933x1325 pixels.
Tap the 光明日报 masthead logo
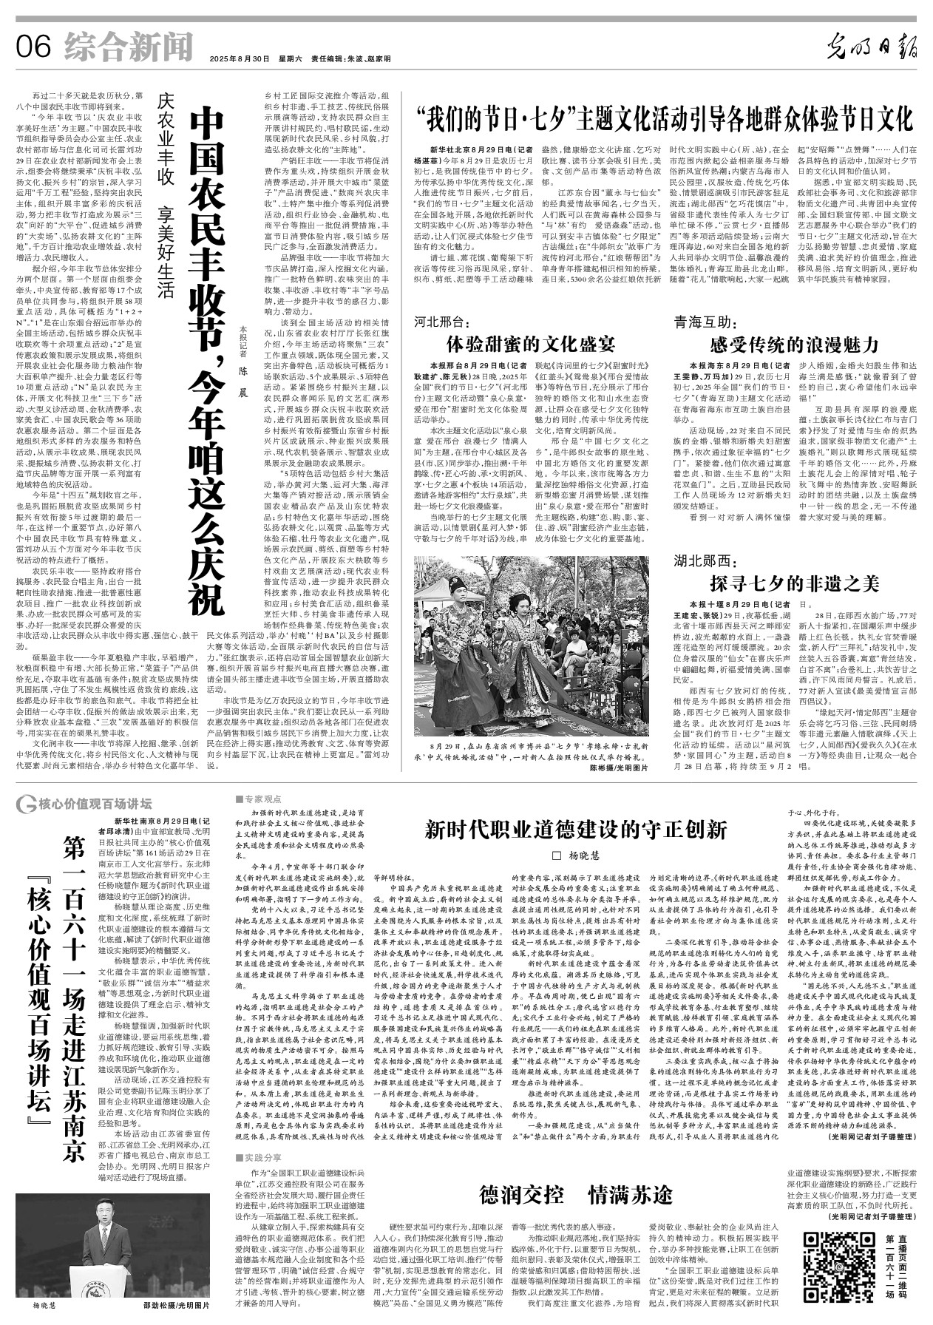coord(872,48)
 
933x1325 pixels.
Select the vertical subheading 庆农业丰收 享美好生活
coord(164,196)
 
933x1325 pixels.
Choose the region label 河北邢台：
coord(442,322)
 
